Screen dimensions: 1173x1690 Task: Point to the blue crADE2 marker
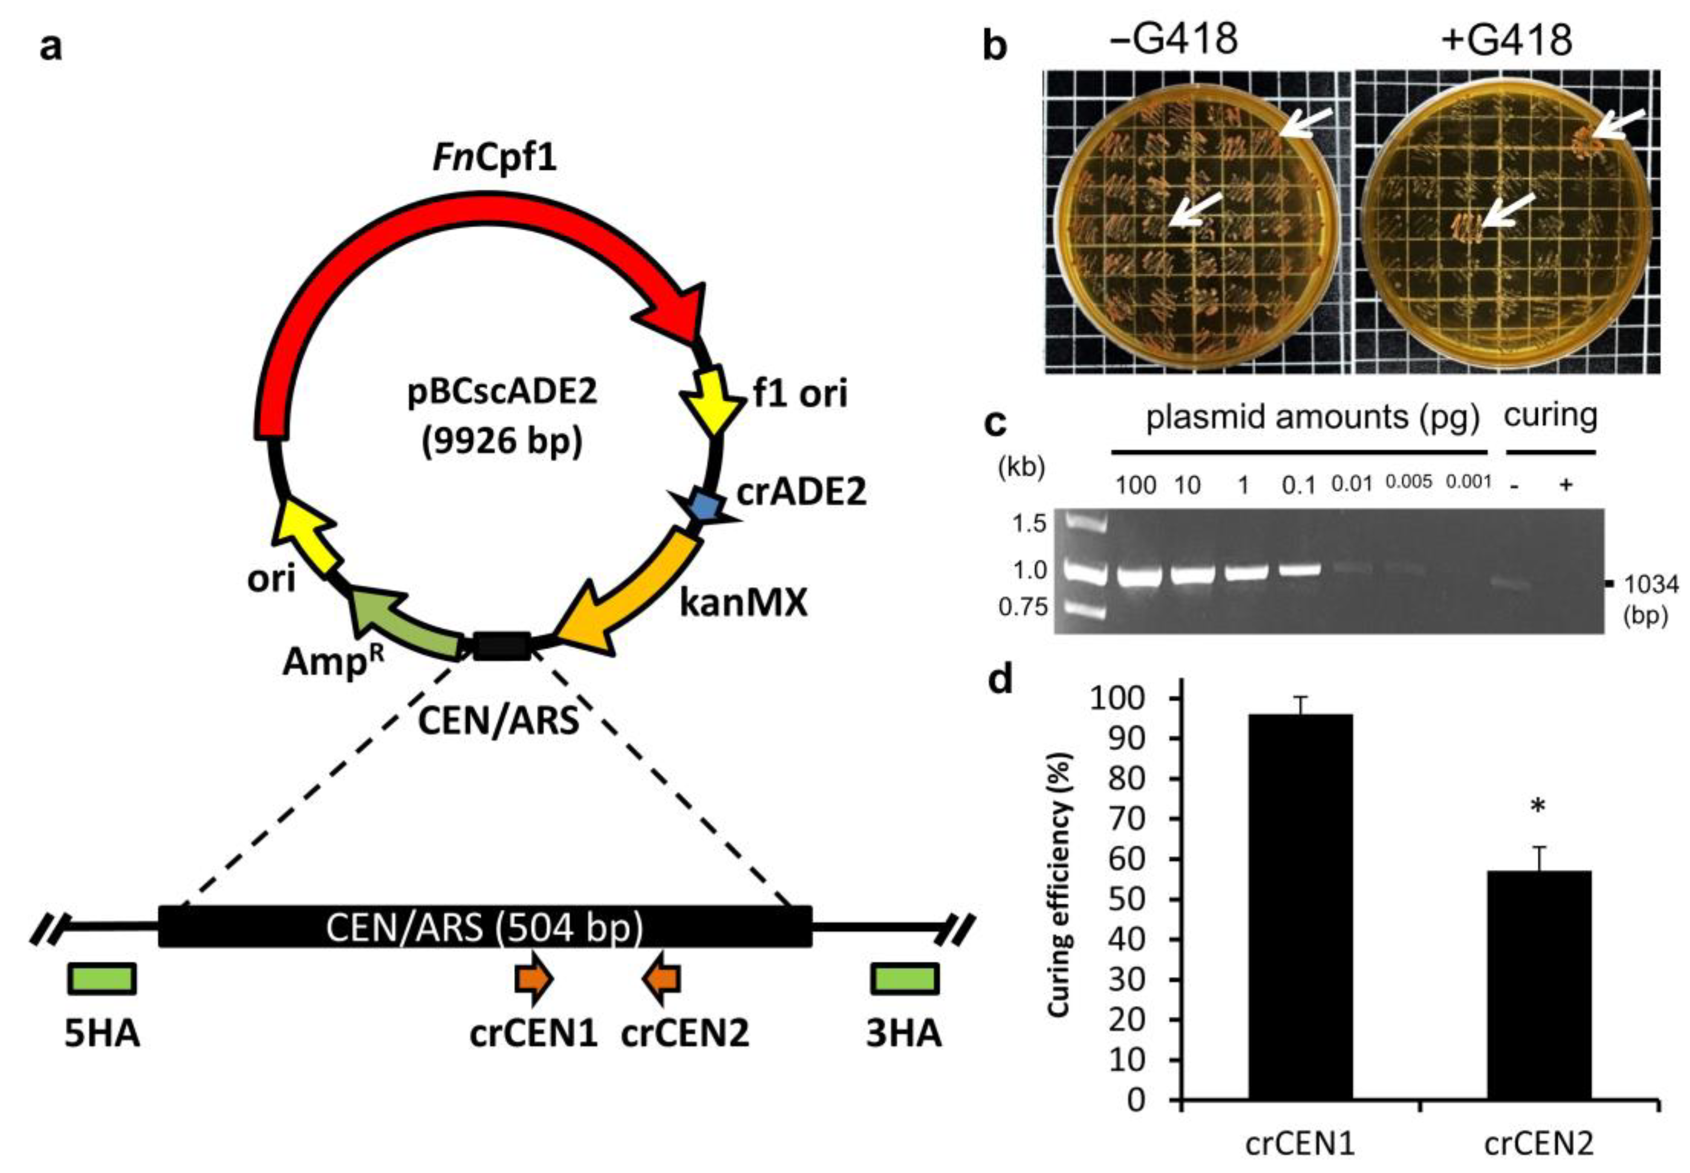click(704, 505)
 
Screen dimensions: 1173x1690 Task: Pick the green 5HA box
click(101, 979)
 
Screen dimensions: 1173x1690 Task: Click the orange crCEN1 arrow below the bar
click(533, 979)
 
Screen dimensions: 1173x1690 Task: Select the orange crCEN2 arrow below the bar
click(663, 979)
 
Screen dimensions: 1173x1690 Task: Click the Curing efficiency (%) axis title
click(1058, 886)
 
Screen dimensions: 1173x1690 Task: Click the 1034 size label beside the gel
click(1650, 585)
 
